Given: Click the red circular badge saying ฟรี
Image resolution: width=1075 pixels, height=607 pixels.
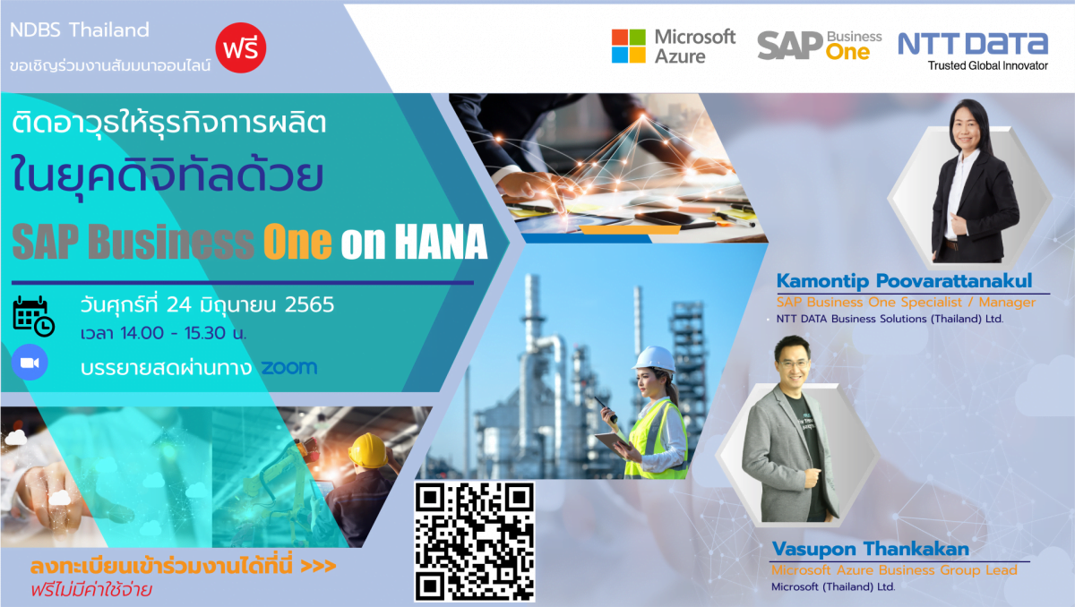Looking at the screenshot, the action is point(240,47).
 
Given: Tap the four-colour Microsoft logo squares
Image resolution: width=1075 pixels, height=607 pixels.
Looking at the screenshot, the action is point(628,46).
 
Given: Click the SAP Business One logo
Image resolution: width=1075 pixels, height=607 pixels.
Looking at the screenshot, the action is point(819,46).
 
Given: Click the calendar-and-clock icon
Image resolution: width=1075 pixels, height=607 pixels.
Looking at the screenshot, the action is point(34,316).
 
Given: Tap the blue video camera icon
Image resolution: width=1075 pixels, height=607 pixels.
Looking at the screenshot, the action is point(30,362).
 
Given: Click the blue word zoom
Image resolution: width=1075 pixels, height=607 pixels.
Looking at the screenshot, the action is point(288,367).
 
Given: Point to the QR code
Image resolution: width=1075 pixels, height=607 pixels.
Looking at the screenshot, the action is point(474,542).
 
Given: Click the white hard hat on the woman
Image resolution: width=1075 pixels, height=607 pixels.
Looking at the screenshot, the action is point(655,359).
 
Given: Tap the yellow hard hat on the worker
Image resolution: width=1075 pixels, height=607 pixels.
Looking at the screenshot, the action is point(368,449).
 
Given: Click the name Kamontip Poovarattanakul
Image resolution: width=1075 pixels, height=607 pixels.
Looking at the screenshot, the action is point(904,281).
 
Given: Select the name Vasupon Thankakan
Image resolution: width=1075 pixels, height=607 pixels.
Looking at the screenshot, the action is point(871,549).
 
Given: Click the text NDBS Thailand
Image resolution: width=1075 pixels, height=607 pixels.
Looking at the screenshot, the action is point(80,30).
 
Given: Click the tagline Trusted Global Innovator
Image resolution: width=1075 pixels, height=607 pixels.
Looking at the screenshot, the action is point(987,65).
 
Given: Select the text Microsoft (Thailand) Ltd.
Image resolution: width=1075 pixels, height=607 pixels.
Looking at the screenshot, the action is point(833,587).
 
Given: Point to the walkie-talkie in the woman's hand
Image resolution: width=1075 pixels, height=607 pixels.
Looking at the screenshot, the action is point(606,409).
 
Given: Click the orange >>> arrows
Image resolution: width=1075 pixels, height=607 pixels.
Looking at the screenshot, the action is point(318,567).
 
